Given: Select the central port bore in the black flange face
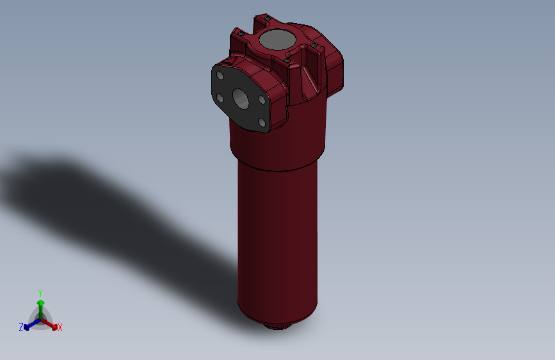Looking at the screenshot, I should click(241, 97).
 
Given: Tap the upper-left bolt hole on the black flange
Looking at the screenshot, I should click(220, 76).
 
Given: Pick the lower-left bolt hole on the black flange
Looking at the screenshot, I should click(220, 98).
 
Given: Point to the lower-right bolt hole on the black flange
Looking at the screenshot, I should click(261, 122).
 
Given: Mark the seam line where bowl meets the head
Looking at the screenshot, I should click(277, 168).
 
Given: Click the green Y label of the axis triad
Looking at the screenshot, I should click(40, 292).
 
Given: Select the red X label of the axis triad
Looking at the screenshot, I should click(60, 328).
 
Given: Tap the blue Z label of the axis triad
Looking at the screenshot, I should click(21, 327).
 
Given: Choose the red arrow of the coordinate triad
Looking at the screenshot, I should click(52, 325).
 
